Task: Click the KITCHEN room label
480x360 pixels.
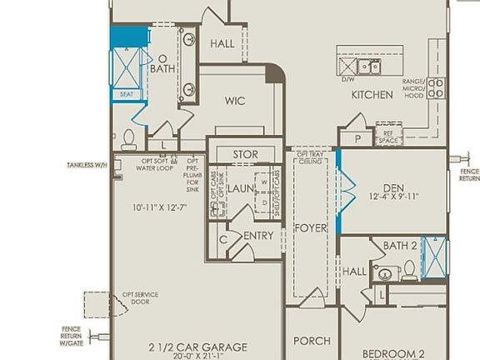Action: (372, 95)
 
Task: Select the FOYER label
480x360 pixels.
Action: (310, 227)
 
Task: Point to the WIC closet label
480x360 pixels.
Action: (234, 101)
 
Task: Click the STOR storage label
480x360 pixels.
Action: (245, 155)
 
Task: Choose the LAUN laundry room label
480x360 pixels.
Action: (242, 189)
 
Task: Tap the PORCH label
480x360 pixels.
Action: (312, 341)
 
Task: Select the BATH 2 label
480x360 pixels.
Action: (400, 246)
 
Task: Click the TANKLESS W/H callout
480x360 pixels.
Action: (87, 166)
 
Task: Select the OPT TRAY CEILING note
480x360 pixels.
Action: (311, 158)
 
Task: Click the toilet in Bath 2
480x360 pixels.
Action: (409, 269)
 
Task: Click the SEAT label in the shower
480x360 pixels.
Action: (127, 94)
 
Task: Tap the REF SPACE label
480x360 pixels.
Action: (387, 137)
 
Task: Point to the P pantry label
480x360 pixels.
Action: (357, 139)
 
